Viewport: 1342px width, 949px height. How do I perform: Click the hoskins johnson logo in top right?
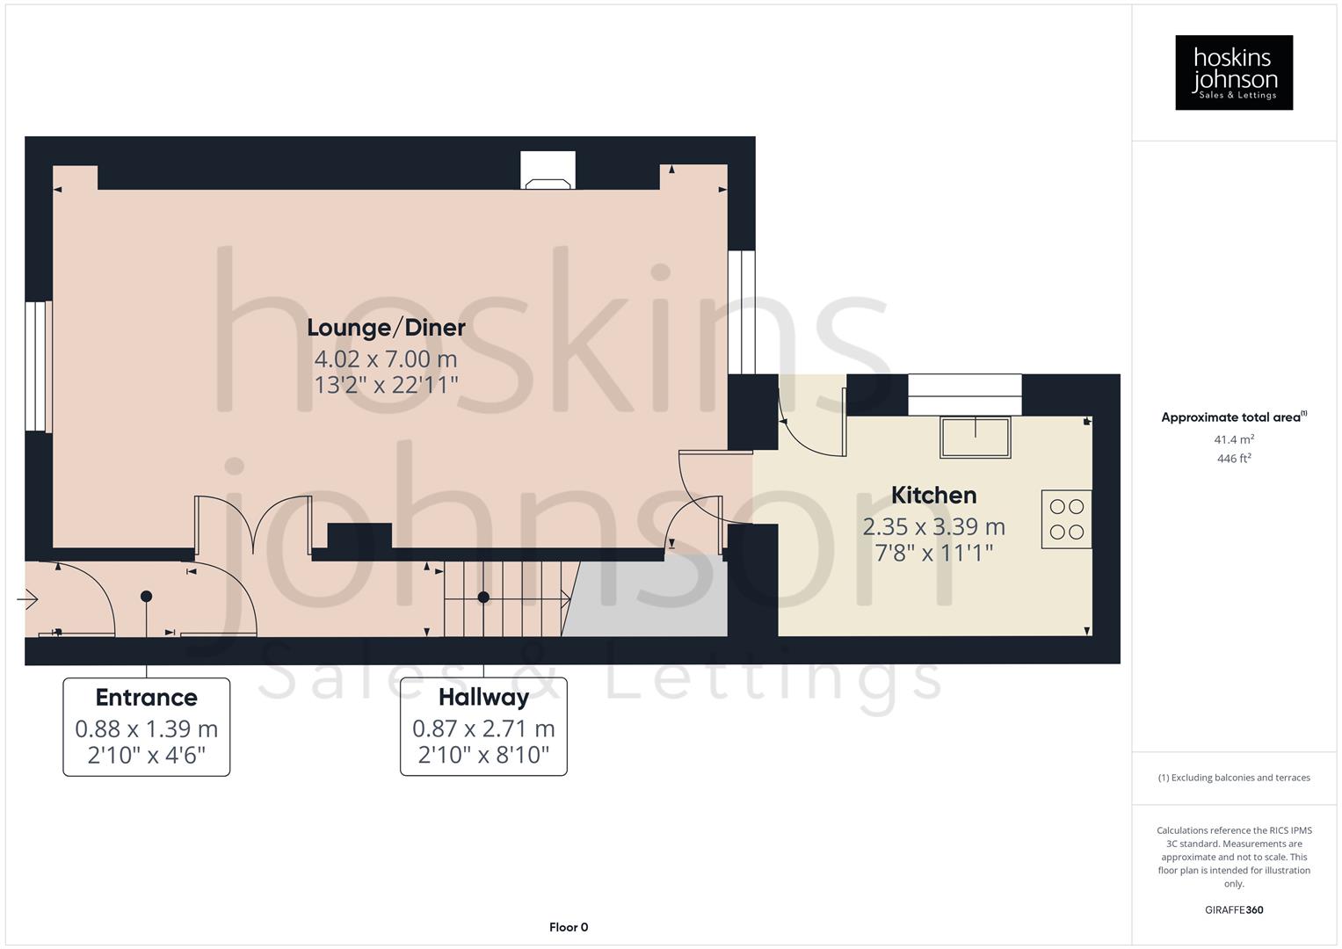(1233, 73)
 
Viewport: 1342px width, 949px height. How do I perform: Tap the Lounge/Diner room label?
(386, 328)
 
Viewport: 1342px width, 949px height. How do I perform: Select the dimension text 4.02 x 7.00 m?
(386, 359)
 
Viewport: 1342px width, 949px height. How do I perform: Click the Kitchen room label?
(933, 495)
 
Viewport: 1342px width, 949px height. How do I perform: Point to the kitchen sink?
(975, 437)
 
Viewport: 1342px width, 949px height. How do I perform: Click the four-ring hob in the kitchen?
(1066, 519)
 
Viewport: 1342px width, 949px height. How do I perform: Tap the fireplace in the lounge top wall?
(548, 170)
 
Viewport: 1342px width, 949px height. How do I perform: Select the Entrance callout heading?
(146, 698)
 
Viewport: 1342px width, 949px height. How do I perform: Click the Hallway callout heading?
(483, 698)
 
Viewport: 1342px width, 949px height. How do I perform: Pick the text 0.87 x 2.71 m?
(483, 728)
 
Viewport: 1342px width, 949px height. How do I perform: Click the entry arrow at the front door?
(27, 600)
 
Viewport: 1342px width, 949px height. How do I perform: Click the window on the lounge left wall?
(38, 366)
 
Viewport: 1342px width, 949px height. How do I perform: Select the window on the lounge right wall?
(742, 312)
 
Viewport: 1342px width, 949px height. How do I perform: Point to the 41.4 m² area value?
(1233, 439)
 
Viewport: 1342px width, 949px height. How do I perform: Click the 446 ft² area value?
(1233, 459)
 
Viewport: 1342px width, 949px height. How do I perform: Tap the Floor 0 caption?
(568, 927)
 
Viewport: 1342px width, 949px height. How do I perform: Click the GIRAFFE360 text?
(1233, 909)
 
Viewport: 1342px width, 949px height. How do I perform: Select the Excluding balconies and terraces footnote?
(1233, 778)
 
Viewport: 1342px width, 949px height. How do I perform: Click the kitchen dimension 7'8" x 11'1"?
(933, 553)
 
